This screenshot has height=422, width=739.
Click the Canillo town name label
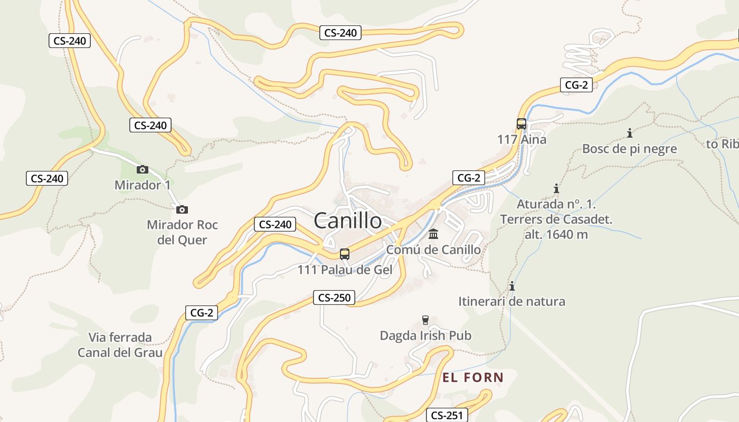coord(348,220)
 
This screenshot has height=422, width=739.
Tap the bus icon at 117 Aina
coord(522,124)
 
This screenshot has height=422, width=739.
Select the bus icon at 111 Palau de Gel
coord(345,254)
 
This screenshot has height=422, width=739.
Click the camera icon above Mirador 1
coord(142,169)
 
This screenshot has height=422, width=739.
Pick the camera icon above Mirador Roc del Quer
coord(182,209)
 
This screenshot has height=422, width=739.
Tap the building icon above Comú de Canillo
coord(433,234)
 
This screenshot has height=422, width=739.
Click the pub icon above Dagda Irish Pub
coord(425,320)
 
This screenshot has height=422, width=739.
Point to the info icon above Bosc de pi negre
coord(629,133)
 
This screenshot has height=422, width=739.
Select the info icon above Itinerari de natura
coord(511,286)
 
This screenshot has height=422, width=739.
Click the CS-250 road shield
coord(334,298)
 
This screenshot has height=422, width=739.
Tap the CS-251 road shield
coord(447,415)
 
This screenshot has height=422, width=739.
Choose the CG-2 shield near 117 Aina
coord(576,84)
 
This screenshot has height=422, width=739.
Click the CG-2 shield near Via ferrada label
coord(202,313)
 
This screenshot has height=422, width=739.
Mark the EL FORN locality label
coord(473,377)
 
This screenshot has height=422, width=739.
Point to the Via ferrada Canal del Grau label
coord(120,345)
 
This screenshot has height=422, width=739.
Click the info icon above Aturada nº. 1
coord(556,188)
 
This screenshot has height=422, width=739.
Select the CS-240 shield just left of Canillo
coord(275,224)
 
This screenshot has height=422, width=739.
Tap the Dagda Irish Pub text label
coord(425,335)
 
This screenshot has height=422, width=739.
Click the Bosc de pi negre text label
coord(629,149)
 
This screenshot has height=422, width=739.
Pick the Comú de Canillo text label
coord(433,250)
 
